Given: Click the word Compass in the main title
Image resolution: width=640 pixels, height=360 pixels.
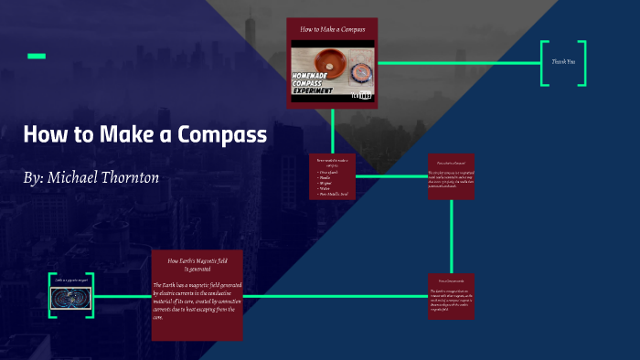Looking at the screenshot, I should [219, 134].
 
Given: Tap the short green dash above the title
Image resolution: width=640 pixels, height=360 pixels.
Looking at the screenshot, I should [37, 57].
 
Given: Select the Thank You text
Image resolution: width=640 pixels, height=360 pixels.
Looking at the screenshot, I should [563, 62].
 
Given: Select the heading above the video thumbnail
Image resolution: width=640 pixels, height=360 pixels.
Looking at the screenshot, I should [333, 29].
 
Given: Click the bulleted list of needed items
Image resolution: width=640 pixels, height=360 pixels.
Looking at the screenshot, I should [332, 181].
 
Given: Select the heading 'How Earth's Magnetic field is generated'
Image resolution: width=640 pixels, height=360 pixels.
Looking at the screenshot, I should [197, 265].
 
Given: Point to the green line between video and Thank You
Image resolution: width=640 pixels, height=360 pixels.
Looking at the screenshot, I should [457, 63].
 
